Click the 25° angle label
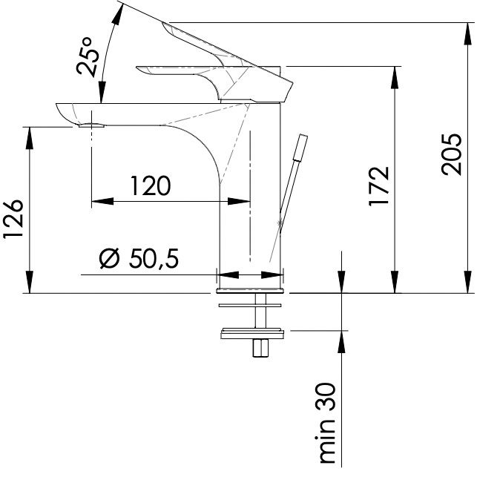(88, 56)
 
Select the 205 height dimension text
(452, 154)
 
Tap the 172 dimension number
(379, 186)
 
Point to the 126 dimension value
(13, 219)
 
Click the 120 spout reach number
(151, 185)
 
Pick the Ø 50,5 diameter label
(139, 259)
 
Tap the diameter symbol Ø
(108, 259)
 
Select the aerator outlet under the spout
(91, 125)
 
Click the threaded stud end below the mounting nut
(260, 348)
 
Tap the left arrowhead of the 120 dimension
(102, 201)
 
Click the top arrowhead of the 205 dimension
(469, 33)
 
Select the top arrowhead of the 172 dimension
(395, 77)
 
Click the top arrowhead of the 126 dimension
(30, 138)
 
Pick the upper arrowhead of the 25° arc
(117, 13)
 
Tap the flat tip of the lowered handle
(139, 69)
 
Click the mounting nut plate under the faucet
(252, 333)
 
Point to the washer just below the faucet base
(250, 305)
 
